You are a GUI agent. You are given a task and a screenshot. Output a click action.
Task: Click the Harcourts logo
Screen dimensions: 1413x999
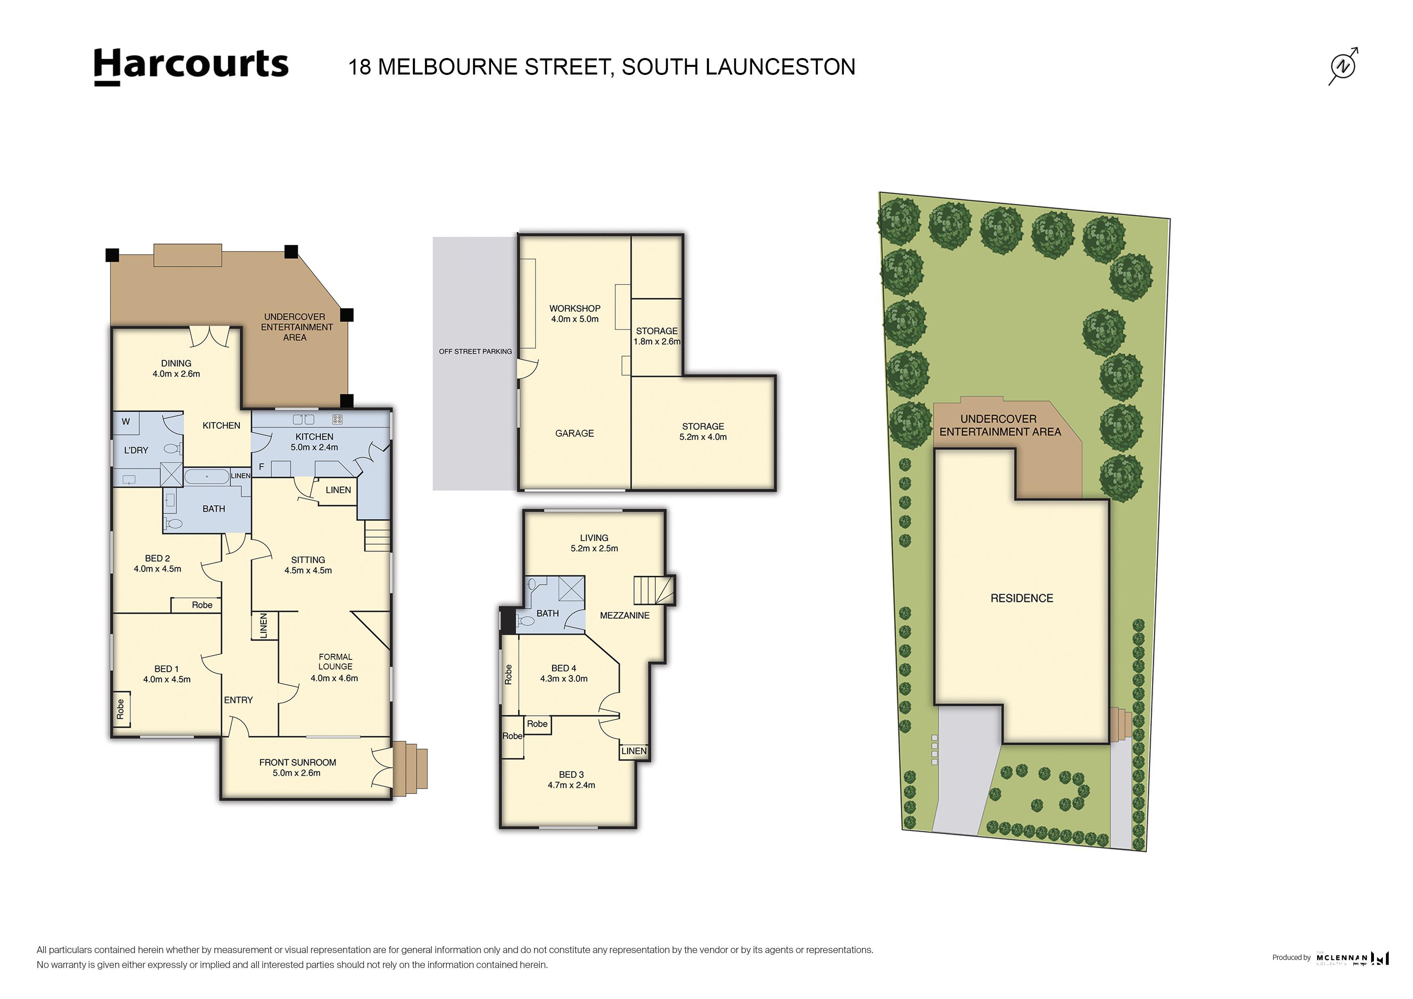(x=191, y=66)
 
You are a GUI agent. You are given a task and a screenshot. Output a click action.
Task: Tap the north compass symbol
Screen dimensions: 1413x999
(x=1343, y=66)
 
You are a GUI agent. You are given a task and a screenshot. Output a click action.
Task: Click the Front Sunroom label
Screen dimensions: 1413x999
(x=297, y=762)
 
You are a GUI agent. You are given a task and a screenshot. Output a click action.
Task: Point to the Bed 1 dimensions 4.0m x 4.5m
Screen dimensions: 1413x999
(x=167, y=680)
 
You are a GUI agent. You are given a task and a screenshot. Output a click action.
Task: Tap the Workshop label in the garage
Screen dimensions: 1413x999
(x=575, y=309)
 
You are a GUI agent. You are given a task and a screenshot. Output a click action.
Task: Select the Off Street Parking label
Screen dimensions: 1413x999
(x=475, y=352)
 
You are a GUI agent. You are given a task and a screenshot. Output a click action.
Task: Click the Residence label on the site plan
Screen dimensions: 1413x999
(x=1021, y=598)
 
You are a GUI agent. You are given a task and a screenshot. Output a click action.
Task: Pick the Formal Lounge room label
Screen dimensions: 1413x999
(x=336, y=662)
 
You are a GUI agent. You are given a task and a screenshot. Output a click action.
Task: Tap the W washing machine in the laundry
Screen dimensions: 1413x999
(x=126, y=422)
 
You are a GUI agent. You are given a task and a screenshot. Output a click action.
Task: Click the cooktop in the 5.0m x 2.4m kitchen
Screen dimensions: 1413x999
(x=337, y=420)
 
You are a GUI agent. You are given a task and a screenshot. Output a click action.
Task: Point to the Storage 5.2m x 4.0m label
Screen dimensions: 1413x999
(x=703, y=431)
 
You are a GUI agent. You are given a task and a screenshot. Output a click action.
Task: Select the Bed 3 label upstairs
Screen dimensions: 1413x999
(x=571, y=774)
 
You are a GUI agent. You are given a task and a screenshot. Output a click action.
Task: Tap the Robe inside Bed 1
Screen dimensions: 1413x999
(x=120, y=709)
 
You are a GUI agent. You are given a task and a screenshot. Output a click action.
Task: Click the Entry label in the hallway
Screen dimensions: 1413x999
(x=238, y=700)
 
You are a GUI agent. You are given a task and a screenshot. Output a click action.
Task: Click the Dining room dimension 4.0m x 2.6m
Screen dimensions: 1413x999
(x=176, y=374)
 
